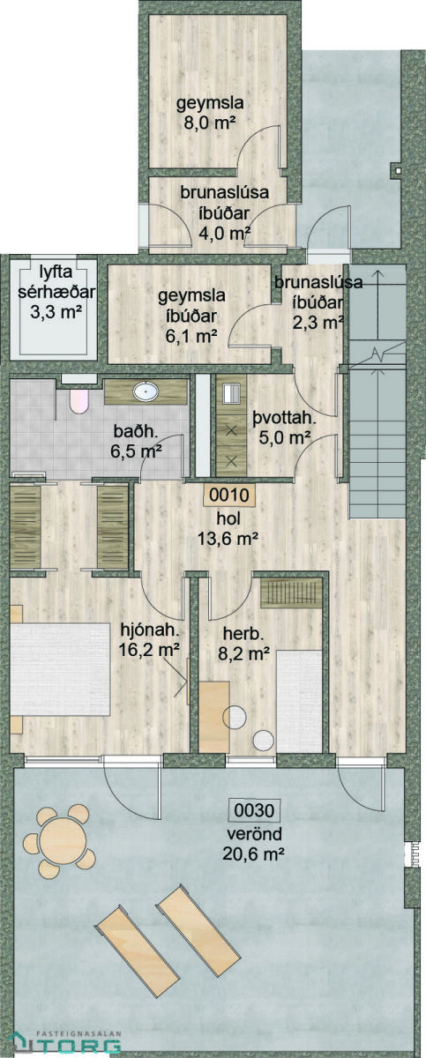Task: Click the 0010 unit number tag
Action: tap(229, 495)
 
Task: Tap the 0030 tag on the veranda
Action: tap(254, 810)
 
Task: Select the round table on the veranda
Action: tap(63, 842)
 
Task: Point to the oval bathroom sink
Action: tap(146, 391)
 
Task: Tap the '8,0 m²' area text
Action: tap(210, 123)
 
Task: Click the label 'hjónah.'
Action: tap(151, 630)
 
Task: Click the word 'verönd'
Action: tap(254, 834)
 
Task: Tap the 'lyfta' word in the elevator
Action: tap(56, 272)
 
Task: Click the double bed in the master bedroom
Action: tap(60, 669)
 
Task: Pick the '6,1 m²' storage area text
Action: tap(191, 336)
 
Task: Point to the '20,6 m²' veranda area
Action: tap(253, 853)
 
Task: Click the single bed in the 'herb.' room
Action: tap(299, 702)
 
